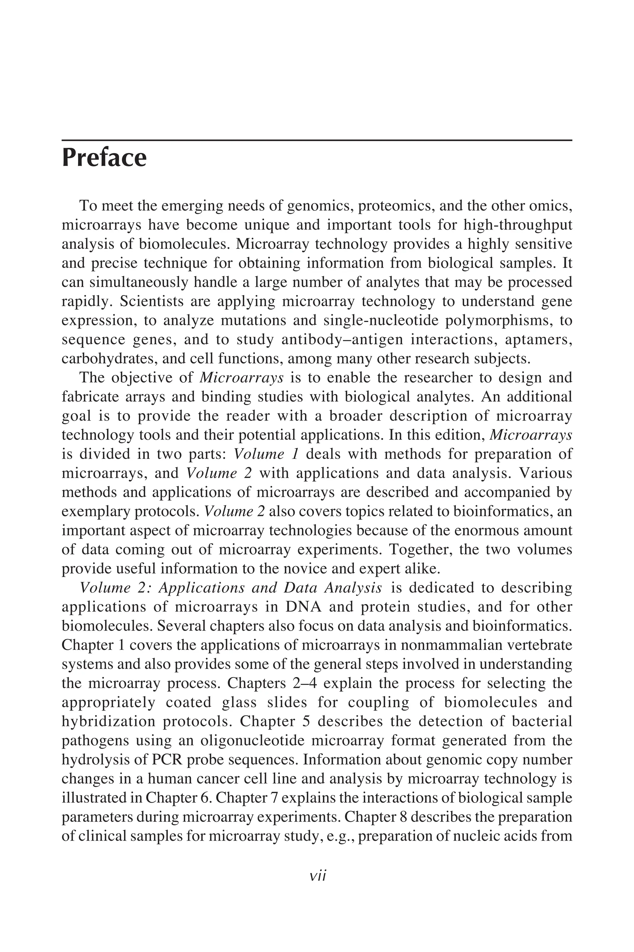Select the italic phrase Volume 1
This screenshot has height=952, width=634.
pos(266,454)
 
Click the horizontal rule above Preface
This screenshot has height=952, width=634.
pos(317,140)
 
